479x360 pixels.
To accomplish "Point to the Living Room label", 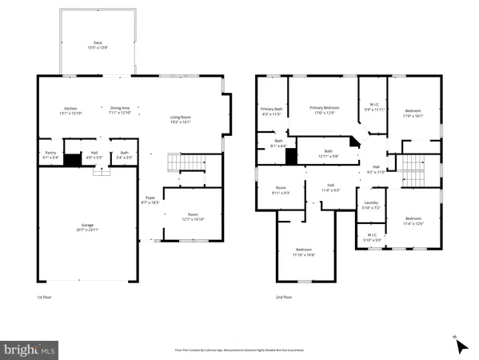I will click(180, 118).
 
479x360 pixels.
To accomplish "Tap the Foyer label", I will click(150, 198).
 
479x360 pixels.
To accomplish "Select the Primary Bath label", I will click(270, 109).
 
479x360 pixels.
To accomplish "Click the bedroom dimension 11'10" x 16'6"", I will click(303, 254).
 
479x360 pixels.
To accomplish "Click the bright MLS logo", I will click(30, 349).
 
